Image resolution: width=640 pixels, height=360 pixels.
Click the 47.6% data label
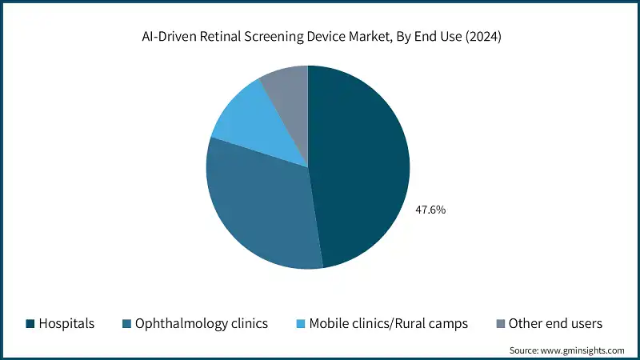430,210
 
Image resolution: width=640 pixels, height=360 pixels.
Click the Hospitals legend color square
30,324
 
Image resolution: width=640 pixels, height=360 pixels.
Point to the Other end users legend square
501,324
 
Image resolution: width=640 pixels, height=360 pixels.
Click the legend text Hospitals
68,324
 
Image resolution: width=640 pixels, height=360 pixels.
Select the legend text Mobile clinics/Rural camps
389,324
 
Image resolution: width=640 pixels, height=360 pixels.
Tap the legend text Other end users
556,324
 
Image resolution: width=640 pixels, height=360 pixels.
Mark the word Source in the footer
525,350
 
